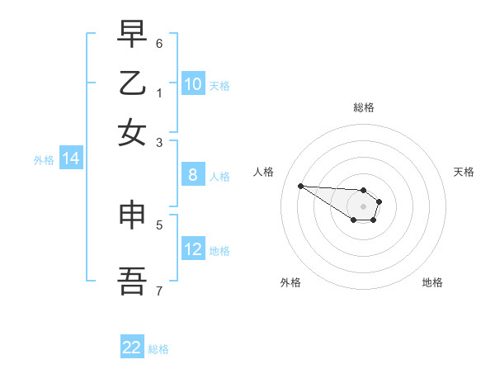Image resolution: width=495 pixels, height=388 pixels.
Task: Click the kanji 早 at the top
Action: click(x=133, y=35)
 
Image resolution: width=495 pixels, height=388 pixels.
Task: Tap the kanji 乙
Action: click(x=133, y=83)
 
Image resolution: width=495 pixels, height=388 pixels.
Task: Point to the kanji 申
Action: click(x=133, y=216)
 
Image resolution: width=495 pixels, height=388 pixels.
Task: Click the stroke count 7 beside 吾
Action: click(x=159, y=290)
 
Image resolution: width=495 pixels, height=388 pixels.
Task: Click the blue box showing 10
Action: click(x=193, y=84)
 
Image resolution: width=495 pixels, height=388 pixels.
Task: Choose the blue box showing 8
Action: click(x=193, y=175)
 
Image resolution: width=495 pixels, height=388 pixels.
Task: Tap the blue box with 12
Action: click(x=193, y=249)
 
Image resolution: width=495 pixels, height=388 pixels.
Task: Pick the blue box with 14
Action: click(x=71, y=159)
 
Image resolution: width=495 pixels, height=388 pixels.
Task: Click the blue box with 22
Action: click(x=132, y=348)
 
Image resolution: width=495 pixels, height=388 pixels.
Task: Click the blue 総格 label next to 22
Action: click(x=158, y=349)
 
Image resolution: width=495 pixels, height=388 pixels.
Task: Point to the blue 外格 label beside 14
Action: click(x=44, y=160)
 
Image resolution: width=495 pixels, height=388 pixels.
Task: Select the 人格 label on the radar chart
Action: click(x=264, y=172)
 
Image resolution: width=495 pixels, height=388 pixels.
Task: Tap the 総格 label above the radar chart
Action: click(x=364, y=107)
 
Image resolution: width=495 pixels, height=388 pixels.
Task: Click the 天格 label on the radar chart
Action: click(x=464, y=172)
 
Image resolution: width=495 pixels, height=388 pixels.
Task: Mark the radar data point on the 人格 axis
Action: click(x=300, y=186)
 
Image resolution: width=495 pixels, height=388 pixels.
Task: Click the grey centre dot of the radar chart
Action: click(x=363, y=206)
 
